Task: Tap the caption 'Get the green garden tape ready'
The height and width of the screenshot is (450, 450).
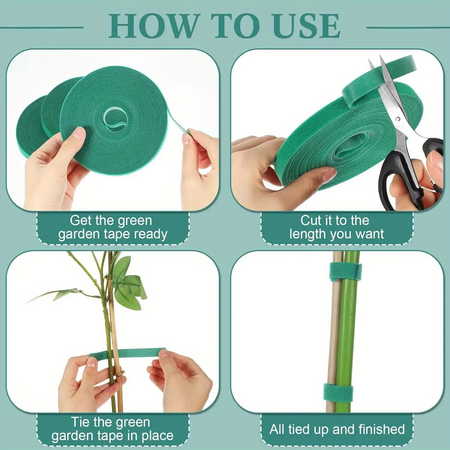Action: pos(112,227)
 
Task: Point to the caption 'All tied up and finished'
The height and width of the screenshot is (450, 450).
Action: pos(337,429)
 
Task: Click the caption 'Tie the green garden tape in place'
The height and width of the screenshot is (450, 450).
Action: pos(112,429)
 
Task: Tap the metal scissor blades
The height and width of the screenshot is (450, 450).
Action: pos(390,90)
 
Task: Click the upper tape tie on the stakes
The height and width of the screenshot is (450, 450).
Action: pos(345,272)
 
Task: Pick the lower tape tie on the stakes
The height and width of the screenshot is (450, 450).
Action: pos(337,393)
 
